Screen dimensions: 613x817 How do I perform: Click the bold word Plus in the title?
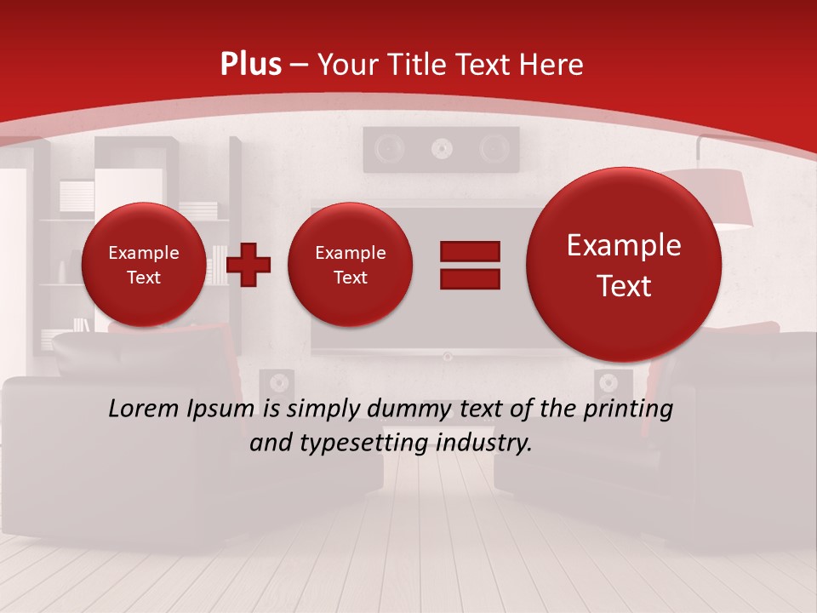point(250,65)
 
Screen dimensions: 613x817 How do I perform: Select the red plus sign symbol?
point(249,264)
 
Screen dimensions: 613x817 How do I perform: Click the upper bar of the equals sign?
point(469,251)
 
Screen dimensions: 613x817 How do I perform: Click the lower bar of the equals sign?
point(469,278)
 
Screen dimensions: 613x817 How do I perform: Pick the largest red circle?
point(624,264)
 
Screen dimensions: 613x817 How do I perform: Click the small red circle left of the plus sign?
point(143,264)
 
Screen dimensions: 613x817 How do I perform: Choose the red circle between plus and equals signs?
point(350,264)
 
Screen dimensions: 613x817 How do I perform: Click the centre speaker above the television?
point(440,150)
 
